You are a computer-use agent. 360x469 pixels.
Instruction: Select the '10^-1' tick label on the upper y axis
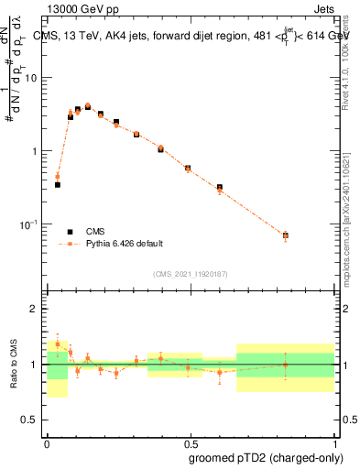(28, 224)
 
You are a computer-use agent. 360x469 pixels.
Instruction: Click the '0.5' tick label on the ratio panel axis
(29, 420)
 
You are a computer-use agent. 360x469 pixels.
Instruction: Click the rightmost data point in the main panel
(285, 235)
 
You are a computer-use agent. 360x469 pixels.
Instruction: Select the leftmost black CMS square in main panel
(58, 184)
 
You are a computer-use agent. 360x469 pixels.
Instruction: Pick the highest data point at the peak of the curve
(88, 106)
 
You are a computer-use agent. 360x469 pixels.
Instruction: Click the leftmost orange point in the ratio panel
(58, 344)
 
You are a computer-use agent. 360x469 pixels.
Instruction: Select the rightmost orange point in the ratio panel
(285, 365)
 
